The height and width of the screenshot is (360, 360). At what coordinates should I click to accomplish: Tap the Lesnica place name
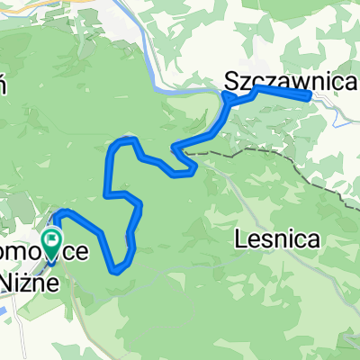click(268, 240)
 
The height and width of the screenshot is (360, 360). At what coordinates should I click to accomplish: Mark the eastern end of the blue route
click(310, 94)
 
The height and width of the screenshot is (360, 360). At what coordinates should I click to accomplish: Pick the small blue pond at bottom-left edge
click(4, 310)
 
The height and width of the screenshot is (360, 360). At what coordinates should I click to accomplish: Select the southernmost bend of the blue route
click(116, 269)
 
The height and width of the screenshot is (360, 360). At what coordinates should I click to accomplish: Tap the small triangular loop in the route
click(190, 167)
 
